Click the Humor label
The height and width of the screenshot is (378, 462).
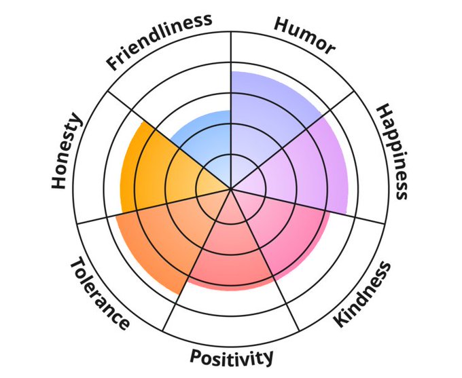point(304,35)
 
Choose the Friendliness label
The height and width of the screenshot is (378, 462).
point(159,41)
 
